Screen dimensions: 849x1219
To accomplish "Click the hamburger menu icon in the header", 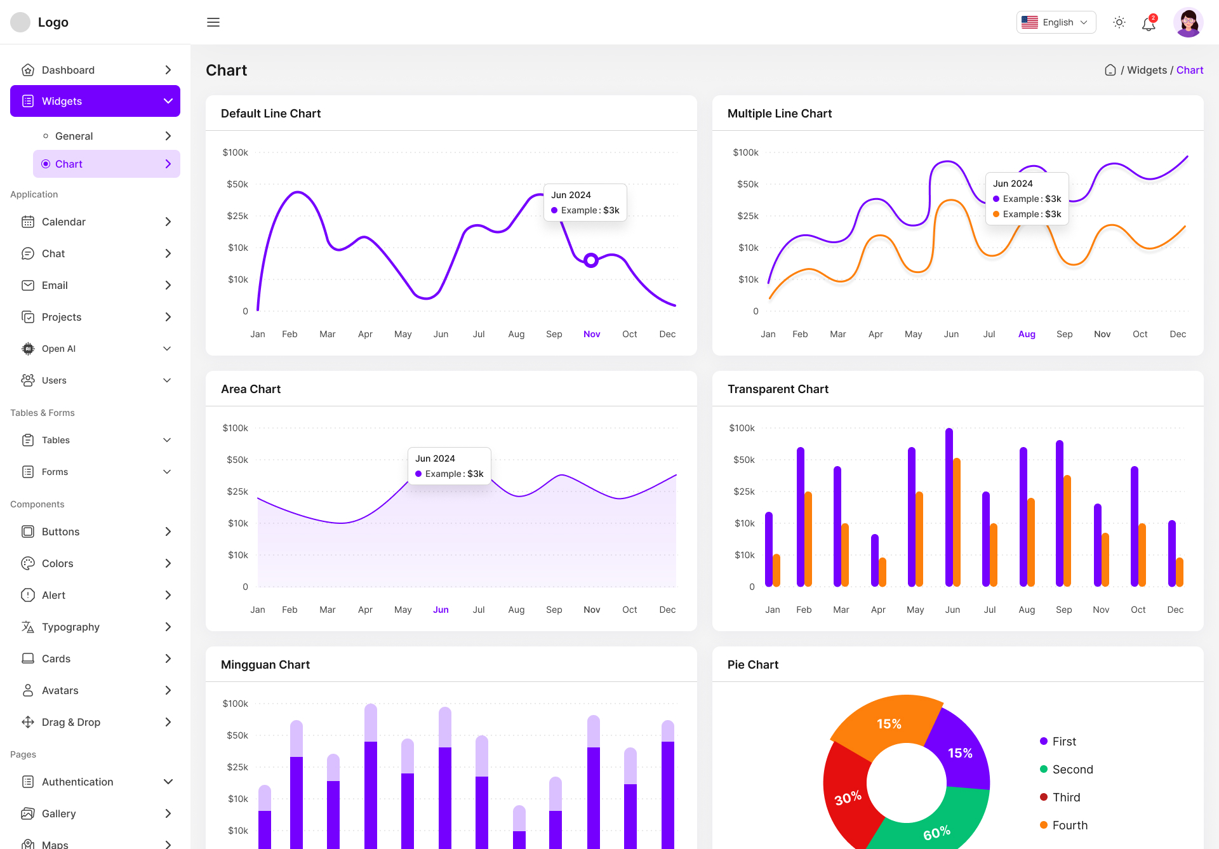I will (x=213, y=22).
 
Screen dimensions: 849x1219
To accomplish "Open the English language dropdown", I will (x=1056, y=22).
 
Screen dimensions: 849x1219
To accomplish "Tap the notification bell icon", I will (x=1149, y=24).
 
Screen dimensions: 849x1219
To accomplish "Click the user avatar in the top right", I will (x=1188, y=23).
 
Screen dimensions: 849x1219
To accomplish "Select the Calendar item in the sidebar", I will (x=63, y=222).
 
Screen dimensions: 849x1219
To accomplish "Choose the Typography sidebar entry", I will (x=70, y=627).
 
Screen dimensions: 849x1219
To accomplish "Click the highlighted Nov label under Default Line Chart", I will (x=591, y=334).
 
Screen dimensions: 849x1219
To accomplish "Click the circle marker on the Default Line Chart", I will (x=591, y=260).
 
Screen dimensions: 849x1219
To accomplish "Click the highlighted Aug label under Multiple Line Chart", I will (x=1027, y=334).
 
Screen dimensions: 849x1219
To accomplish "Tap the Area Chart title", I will (x=251, y=389).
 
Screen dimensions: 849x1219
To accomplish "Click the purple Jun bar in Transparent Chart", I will (x=949, y=508).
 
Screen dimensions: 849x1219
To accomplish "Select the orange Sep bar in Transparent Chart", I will (x=1067, y=530).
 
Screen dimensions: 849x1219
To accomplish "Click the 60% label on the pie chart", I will (x=936, y=832).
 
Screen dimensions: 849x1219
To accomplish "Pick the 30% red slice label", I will (x=848, y=798).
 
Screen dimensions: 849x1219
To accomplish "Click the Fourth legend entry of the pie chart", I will (x=1069, y=825).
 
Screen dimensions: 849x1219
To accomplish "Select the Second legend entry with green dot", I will (x=1072, y=769).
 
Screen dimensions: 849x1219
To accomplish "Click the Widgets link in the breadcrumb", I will (x=1147, y=70).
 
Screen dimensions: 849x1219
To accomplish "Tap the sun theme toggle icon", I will (x=1119, y=22).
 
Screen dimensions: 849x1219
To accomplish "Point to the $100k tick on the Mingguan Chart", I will (x=236, y=704).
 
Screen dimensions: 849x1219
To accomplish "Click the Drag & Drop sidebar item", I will (x=71, y=722).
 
